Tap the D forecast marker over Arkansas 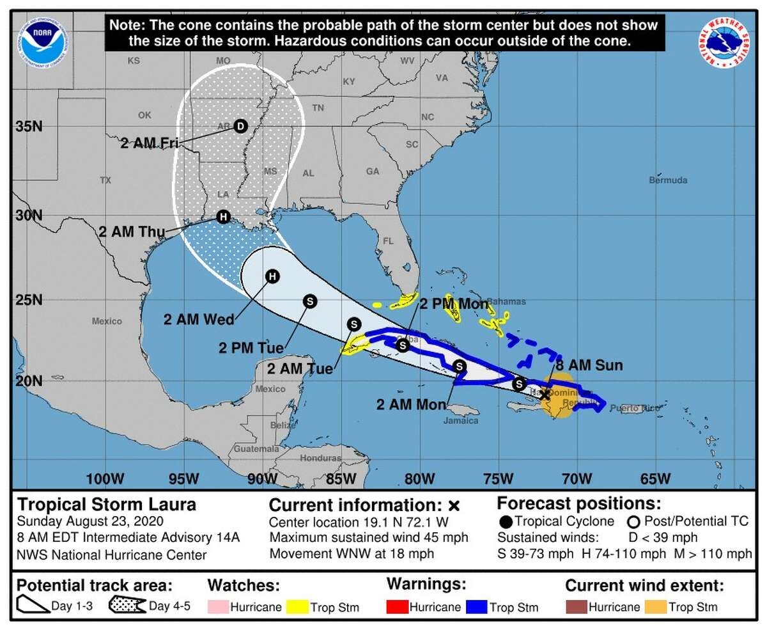click(240, 125)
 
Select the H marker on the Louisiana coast click(223, 217)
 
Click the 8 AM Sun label click(589, 366)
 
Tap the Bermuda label click(668, 180)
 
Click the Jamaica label click(461, 420)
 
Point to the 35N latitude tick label click(29, 126)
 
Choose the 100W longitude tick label click(105, 478)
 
